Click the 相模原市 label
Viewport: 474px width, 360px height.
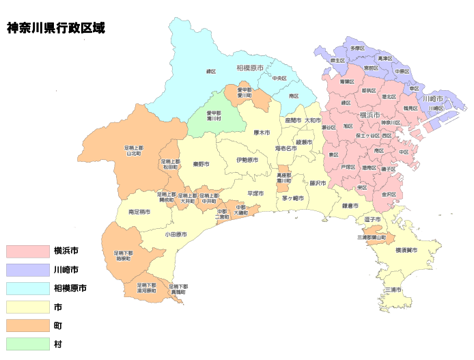(250, 68)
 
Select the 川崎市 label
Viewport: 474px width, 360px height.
(432, 99)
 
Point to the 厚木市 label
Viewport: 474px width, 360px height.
(262, 133)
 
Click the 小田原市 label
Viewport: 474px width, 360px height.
(176, 234)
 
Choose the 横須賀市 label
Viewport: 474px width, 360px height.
(406, 251)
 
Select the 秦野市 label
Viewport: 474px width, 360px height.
(201, 164)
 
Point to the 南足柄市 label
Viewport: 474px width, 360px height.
(141, 212)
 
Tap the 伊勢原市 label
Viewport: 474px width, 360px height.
(247, 160)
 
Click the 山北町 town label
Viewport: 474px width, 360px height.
(133, 150)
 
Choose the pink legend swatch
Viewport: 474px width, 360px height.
(28, 251)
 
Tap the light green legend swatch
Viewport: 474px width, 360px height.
(28, 344)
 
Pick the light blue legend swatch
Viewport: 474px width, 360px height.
(28, 288)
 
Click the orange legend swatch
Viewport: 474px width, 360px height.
(28, 325)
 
